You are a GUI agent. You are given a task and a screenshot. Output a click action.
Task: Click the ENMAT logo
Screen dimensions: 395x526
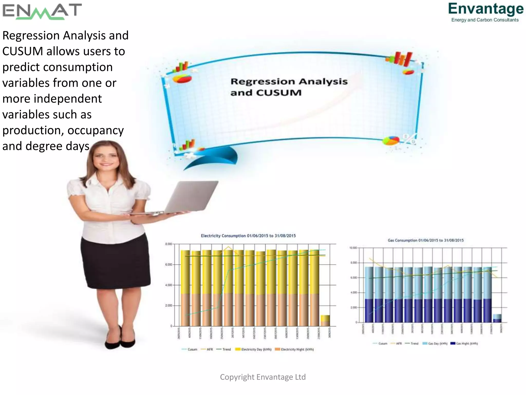(x=42, y=12)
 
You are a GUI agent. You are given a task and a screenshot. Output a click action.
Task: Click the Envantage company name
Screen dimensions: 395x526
(x=486, y=9)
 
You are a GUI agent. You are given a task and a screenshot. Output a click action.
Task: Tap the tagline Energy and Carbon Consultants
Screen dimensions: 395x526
(x=485, y=20)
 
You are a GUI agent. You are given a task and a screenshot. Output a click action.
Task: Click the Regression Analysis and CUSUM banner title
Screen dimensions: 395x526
(x=289, y=87)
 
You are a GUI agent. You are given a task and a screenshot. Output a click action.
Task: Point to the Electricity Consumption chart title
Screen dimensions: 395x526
(x=248, y=236)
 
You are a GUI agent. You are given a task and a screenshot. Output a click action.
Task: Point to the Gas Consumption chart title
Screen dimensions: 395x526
(x=426, y=240)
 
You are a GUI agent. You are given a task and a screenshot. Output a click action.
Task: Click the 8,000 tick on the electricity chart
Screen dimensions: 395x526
(x=168, y=244)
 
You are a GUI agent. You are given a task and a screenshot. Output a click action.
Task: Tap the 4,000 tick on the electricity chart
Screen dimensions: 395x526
(x=168, y=285)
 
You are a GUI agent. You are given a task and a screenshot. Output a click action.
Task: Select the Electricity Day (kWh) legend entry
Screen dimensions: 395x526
(x=253, y=349)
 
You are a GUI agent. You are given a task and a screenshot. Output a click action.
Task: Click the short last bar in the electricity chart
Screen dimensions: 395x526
(x=325, y=321)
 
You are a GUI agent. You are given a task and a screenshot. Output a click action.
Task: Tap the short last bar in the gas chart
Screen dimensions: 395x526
(x=497, y=318)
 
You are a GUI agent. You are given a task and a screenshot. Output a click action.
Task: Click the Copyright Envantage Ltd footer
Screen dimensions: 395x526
(x=263, y=377)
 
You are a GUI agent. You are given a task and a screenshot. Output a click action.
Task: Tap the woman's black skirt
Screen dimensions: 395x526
(x=116, y=262)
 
